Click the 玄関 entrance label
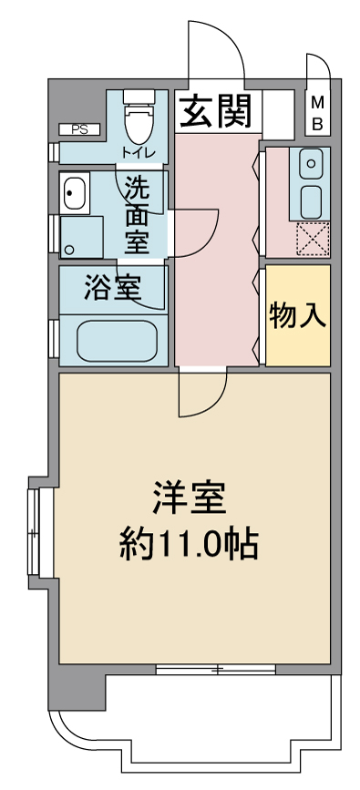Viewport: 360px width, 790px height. [x=215, y=111]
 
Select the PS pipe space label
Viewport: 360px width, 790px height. [x=79, y=130]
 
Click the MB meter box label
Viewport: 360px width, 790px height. [x=317, y=114]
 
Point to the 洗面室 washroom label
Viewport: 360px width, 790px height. [x=137, y=215]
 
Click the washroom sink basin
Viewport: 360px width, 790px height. [x=75, y=192]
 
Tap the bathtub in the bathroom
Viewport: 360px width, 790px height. [x=117, y=341]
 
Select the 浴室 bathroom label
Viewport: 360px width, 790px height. [x=112, y=289]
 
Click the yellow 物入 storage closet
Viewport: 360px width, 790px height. [x=298, y=315]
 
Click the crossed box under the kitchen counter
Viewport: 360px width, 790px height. [x=313, y=239]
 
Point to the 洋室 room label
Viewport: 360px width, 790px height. [x=190, y=497]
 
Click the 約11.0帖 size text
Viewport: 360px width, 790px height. [x=189, y=544]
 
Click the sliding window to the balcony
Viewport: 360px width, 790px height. [x=216, y=669]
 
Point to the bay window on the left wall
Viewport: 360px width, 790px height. [x=34, y=532]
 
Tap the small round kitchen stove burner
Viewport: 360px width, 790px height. [x=311, y=164]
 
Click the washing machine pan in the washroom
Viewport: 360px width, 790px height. [x=81, y=237]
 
